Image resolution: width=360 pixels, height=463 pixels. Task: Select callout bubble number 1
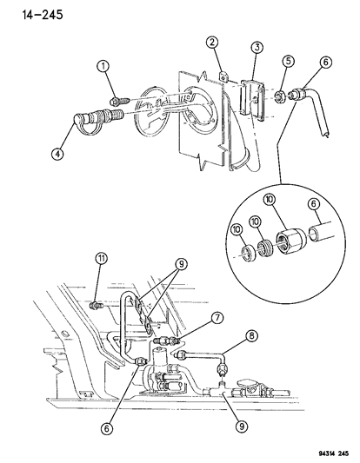point(103,66)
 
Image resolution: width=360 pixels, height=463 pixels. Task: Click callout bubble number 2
point(211,43)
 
